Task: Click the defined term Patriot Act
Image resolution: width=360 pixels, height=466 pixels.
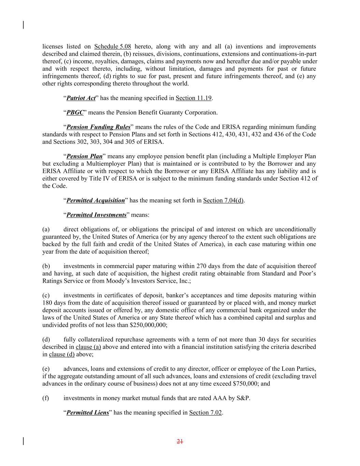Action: (x=81, y=98)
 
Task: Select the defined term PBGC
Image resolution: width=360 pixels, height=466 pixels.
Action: (x=75, y=113)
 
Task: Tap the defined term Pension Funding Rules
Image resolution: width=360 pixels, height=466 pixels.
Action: (x=98, y=127)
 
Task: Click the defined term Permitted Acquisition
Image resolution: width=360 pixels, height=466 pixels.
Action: (x=96, y=200)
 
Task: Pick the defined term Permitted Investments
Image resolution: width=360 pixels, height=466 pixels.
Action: (x=96, y=215)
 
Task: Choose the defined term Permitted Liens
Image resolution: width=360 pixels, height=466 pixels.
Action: (x=88, y=413)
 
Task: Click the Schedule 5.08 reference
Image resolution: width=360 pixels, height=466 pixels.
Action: (x=113, y=47)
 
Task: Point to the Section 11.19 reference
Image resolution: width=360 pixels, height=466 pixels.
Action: (x=193, y=98)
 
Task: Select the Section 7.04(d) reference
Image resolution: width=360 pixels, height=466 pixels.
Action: (x=223, y=200)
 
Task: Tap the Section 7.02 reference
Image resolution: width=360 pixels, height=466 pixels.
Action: (x=205, y=413)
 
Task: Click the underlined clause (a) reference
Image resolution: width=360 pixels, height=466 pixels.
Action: (x=88, y=347)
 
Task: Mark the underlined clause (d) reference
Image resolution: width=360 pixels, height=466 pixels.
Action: (x=62, y=354)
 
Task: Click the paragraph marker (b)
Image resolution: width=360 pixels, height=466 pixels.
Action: (x=46, y=266)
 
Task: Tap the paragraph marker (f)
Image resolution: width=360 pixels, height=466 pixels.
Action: (x=46, y=398)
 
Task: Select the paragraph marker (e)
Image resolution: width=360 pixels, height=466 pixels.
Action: (x=46, y=369)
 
